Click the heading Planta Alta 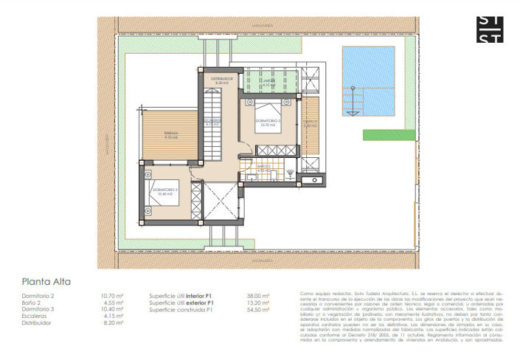[x=46, y=281]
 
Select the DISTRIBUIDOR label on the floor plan [x=222, y=79]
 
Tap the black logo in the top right [x=490, y=30]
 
